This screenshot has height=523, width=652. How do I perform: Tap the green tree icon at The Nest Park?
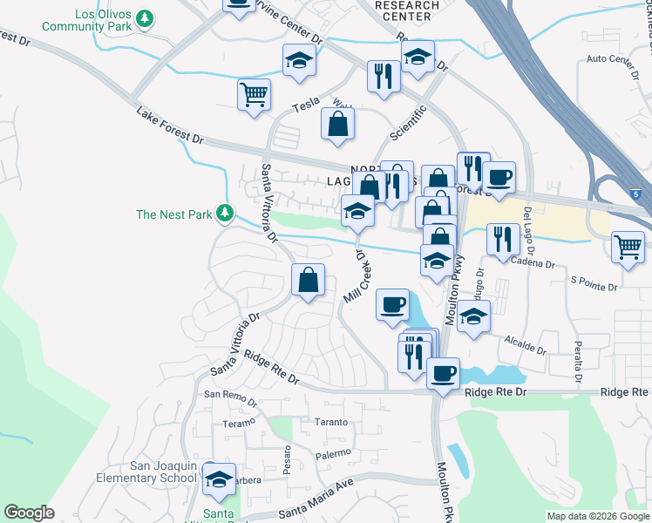(x=225, y=213)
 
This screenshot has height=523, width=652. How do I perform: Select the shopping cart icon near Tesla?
(x=254, y=94)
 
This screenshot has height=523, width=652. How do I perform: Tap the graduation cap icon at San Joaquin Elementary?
(x=219, y=479)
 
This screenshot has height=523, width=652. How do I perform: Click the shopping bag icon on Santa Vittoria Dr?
(x=309, y=280)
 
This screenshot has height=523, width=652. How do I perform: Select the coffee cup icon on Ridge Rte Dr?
(x=443, y=373)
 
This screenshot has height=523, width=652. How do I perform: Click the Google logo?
(x=29, y=513)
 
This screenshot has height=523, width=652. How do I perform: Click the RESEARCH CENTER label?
(x=406, y=10)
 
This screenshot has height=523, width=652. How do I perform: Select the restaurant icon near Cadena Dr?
(x=501, y=239)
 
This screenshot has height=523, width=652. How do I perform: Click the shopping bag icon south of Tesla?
(x=337, y=124)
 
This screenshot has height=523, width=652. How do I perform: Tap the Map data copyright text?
(x=597, y=516)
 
